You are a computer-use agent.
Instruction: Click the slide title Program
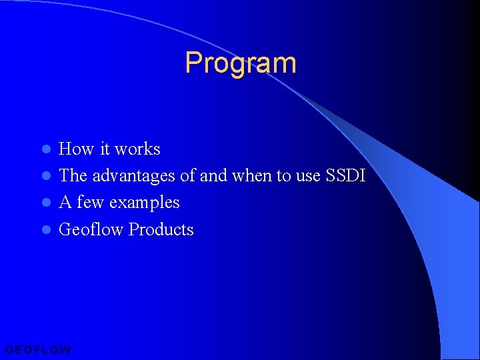[241, 63]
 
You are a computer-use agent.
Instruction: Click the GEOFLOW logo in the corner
[38, 349]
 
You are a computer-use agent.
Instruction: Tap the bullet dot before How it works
[46, 149]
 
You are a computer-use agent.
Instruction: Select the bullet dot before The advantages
[46, 177]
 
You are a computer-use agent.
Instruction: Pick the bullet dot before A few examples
[46, 203]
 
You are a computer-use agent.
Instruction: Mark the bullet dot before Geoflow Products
[46, 231]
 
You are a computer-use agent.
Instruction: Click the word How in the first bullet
[73, 149]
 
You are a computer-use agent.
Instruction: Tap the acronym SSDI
[345, 176]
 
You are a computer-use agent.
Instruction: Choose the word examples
[145, 203]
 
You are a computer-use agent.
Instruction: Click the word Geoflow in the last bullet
[92, 229]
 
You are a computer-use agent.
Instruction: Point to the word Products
[161, 229]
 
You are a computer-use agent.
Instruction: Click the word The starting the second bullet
[73, 176]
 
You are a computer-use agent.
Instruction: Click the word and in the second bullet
[213, 176]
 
